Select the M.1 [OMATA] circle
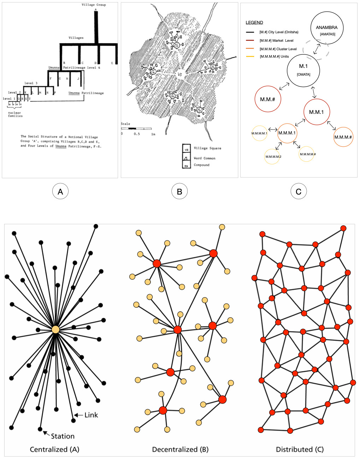[303, 70]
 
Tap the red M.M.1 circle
[317, 112]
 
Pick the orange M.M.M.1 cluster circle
[287, 133]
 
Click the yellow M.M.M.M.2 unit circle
[272, 156]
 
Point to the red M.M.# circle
[268, 99]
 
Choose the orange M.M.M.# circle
[343, 137]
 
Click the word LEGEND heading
[254, 23]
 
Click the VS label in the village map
[180, 75]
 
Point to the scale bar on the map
[136, 129]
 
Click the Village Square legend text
[207, 148]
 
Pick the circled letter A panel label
[60, 191]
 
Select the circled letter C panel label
[299, 191]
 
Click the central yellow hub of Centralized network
[55, 329]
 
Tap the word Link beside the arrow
[91, 415]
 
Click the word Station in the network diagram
[63, 436]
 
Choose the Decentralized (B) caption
[180, 450]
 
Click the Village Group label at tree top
[94, 5]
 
